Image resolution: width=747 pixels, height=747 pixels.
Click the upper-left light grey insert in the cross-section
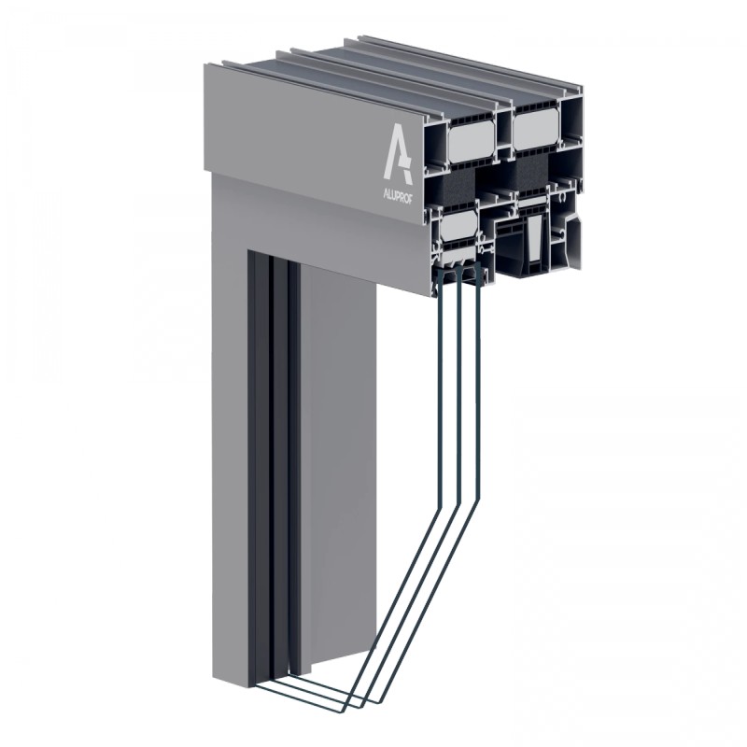pos(472,141)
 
